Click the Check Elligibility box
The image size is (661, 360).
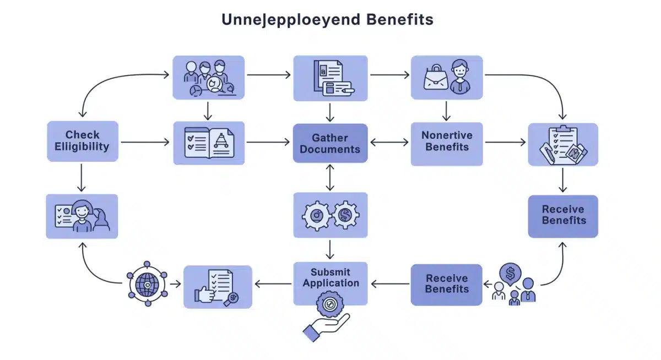pos(83,141)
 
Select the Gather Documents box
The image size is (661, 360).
pos(330,143)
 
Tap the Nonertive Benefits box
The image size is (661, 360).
pos(447,141)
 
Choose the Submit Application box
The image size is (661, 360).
pos(330,277)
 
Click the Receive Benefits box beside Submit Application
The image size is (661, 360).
pos(446,284)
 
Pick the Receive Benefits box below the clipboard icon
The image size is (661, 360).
pos(563,215)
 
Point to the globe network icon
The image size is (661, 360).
pos(147,284)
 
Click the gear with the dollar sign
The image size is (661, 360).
pos(345,215)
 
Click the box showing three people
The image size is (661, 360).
pos(208,78)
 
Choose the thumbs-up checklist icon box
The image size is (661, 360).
pos(218,287)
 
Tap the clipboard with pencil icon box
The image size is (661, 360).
pos(563,144)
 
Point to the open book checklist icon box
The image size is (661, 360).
pos(209,143)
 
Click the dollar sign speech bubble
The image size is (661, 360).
pos(510,272)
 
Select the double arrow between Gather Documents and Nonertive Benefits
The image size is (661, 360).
pos(389,143)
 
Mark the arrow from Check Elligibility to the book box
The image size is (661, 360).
pos(145,143)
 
